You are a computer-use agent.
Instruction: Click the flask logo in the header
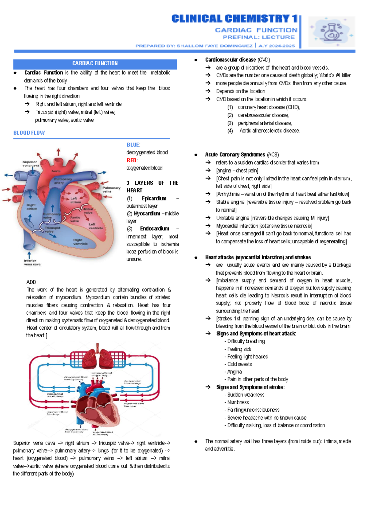pyautogui.click(x=332, y=31)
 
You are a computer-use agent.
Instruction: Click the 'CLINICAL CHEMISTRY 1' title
pyautogui.click(x=234, y=19)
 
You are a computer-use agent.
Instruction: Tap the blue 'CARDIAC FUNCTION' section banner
pyautogui.click(x=95, y=64)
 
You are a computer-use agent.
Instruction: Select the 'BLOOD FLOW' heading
pyautogui.click(x=29, y=133)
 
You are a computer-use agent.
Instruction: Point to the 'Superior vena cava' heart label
pyautogui.click(x=31, y=164)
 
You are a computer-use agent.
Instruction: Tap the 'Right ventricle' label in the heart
pyautogui.click(x=80, y=242)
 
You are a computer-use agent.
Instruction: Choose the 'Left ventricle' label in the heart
pyautogui.click(x=95, y=226)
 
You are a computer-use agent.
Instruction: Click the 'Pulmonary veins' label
pyautogui.click(x=111, y=190)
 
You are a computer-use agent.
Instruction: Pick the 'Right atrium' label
pyautogui.click(x=31, y=207)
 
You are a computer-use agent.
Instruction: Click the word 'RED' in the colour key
pyautogui.click(x=132, y=160)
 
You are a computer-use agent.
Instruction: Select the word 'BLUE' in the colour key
pyautogui.click(x=133, y=145)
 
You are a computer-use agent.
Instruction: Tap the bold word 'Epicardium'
pyautogui.click(x=154, y=198)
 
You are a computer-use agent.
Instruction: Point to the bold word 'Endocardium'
pyautogui.click(x=154, y=228)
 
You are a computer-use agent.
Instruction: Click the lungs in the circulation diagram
pyautogui.click(x=98, y=358)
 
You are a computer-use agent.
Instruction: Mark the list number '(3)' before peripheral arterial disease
pyautogui.click(x=230, y=123)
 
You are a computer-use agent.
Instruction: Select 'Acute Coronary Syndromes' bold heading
pyautogui.click(x=235, y=155)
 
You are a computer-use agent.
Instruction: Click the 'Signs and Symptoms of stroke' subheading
pyautogui.click(x=250, y=387)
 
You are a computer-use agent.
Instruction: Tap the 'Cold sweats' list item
pyautogui.click(x=239, y=364)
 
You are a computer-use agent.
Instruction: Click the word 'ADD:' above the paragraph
pyautogui.click(x=32, y=282)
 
